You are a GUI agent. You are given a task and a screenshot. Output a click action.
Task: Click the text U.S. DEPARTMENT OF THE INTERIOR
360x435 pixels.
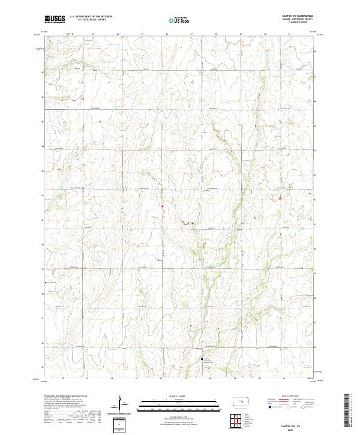pos(91,17)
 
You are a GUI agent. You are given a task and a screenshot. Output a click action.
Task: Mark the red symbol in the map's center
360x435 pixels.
pos(162,208)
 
